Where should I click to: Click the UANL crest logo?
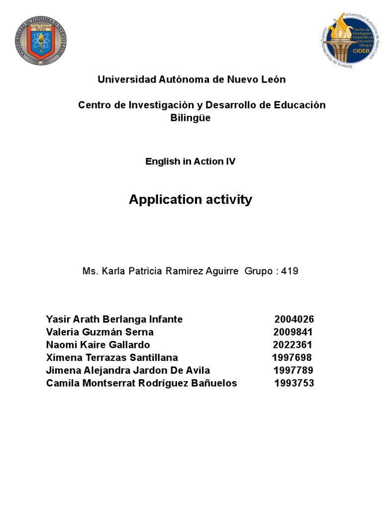point(40,41)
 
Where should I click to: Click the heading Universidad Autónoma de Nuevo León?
point(191,80)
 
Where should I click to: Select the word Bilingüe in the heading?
point(191,118)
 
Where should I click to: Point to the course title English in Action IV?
point(191,162)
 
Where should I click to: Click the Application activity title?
point(191,200)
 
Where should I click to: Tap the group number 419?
point(290,271)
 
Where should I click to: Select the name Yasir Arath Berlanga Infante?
point(114,319)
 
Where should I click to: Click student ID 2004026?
point(294,319)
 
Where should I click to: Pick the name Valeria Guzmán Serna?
point(100,332)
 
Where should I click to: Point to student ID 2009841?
point(293,332)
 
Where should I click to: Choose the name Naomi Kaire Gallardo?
point(98,345)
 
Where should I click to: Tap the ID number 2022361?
point(293,345)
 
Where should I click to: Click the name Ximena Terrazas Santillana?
point(112,358)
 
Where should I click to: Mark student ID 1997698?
point(292,358)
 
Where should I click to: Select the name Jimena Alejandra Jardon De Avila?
point(128,371)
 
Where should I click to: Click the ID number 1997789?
point(293,371)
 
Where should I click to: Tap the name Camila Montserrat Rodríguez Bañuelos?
point(142,384)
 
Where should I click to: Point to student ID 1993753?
point(294,384)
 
